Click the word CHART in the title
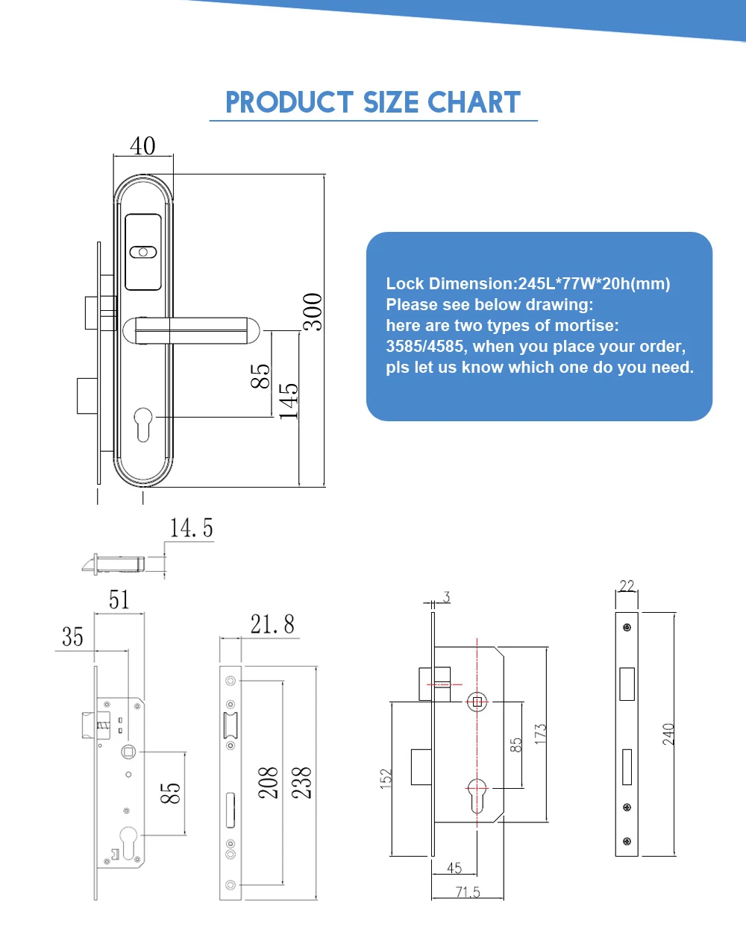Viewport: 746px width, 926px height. coord(474,102)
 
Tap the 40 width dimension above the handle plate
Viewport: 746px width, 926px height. coord(142,146)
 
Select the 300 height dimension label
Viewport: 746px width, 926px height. coord(313,312)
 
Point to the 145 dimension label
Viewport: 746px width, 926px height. coord(289,401)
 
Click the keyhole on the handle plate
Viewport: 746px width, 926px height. coord(143,423)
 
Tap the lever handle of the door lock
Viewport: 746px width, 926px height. coord(192,330)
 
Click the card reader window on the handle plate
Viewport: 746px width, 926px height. coord(143,252)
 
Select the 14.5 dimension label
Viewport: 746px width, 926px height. coord(191,528)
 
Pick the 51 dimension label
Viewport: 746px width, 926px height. coord(119,599)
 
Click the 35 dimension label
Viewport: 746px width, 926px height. coord(72,637)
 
